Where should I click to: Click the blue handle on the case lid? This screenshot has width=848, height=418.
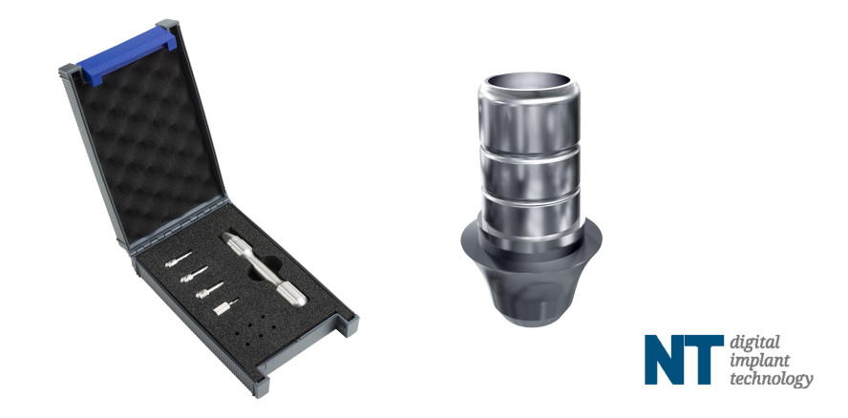pyautogui.click(x=128, y=55)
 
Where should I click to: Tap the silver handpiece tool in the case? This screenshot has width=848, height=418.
pyautogui.click(x=264, y=269)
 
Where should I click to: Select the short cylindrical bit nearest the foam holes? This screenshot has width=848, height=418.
pyautogui.click(x=225, y=307)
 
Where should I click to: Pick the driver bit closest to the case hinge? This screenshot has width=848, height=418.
pyautogui.click(x=179, y=259)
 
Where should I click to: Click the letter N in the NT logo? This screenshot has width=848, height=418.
pyautogui.click(x=666, y=360)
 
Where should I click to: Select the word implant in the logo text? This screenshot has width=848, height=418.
pyautogui.click(x=752, y=362)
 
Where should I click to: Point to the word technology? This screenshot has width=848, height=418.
pyautogui.click(x=772, y=379)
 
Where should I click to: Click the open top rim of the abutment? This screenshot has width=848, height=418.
pyautogui.click(x=529, y=83)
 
